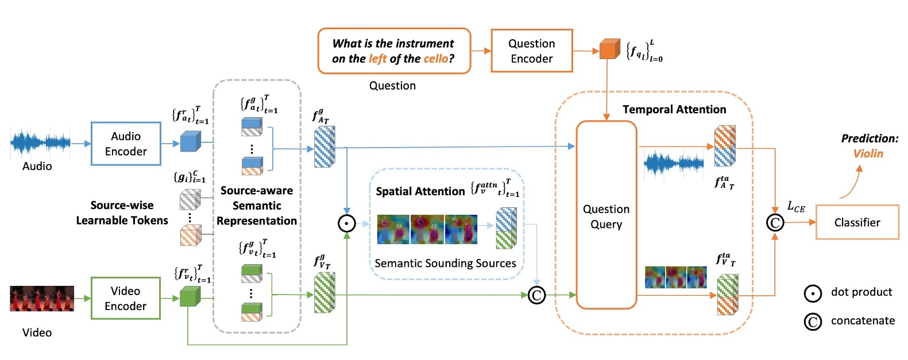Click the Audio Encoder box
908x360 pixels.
click(x=126, y=144)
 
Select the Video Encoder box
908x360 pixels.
click(x=125, y=298)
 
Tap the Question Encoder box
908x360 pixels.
click(x=531, y=51)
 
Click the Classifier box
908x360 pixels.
click(x=857, y=222)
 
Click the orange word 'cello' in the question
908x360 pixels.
click(x=435, y=59)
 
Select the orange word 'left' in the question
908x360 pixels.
click(x=377, y=59)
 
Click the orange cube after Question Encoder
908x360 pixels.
click(x=609, y=49)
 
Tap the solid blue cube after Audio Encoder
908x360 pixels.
click(x=190, y=141)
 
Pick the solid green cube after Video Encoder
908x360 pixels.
click(x=190, y=296)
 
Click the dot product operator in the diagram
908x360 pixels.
click(x=347, y=223)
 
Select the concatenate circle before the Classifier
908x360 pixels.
click(x=775, y=222)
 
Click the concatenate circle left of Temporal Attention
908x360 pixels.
click(x=536, y=295)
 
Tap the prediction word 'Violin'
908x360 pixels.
click(x=868, y=153)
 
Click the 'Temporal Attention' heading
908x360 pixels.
click(x=674, y=109)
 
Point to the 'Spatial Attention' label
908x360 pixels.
click(x=420, y=191)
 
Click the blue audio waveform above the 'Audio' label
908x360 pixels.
click(x=40, y=142)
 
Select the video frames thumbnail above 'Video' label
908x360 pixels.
click(x=42, y=299)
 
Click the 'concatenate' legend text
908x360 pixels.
click(x=863, y=320)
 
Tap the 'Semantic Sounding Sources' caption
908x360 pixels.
click(x=445, y=263)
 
